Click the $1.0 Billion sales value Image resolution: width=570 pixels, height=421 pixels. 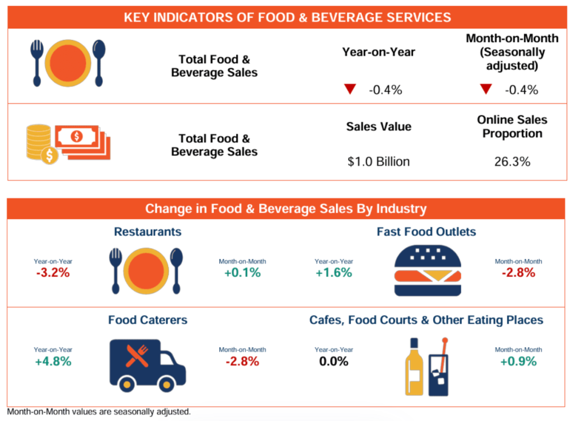coord(378,161)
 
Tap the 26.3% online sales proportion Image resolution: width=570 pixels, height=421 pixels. coord(512,161)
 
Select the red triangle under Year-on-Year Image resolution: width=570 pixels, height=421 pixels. coord(350,88)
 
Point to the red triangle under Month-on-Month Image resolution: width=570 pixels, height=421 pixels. coord(486,88)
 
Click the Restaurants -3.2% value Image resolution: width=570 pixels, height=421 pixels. coord(53,272)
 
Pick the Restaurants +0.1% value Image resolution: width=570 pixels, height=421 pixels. coord(242,272)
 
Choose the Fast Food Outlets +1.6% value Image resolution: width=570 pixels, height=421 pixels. coord(334,272)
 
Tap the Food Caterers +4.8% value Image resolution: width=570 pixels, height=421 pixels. coord(53,361)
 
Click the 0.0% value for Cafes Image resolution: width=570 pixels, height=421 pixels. coord(334,361)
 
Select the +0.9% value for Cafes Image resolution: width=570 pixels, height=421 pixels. coord(518,361)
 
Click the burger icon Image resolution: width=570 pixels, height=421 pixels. coord(427,270)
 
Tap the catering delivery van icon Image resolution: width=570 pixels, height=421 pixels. coord(147,366)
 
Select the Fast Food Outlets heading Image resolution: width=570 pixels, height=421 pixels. coord(426,231)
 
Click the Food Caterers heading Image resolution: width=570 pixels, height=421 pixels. coord(148,320)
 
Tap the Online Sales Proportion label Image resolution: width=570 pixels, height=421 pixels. coord(512,126)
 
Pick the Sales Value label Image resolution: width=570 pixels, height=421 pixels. coord(378,126)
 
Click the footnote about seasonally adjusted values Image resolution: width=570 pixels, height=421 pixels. coord(99,411)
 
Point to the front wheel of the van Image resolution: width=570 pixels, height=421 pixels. coord(166,384)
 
